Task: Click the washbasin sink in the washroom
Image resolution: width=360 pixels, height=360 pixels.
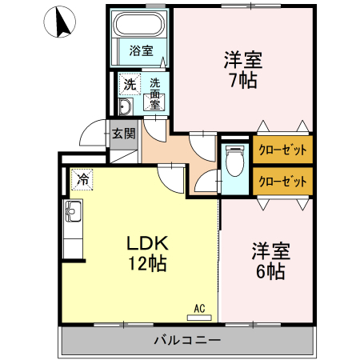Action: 125,107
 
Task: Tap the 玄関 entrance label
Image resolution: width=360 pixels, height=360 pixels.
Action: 123,133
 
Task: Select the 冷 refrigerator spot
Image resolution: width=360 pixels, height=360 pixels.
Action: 82,180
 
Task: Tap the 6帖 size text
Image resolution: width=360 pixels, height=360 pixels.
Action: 270,271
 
